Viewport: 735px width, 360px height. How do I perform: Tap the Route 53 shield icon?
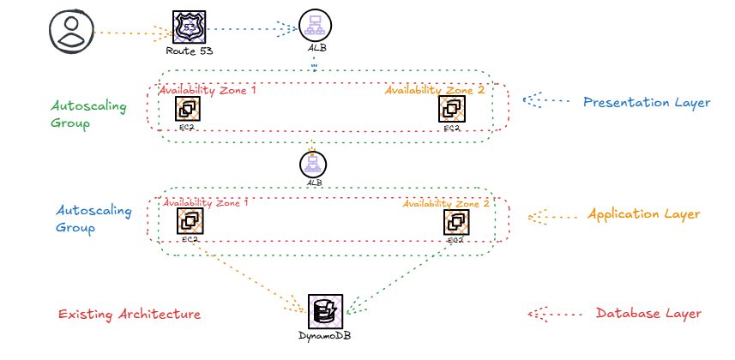(189, 27)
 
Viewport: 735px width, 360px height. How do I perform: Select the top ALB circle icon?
(316, 27)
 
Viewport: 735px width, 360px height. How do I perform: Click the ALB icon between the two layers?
(313, 163)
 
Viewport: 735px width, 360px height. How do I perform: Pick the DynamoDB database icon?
(325, 311)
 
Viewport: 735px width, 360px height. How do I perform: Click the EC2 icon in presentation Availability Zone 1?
(188, 109)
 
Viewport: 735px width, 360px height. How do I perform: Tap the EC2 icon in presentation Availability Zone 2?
(451, 109)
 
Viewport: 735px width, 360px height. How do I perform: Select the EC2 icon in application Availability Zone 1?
(190, 222)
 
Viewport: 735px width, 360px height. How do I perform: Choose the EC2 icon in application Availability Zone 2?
(455, 222)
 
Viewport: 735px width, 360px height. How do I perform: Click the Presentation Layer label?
(646, 103)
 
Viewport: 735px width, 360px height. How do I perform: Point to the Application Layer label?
(643, 214)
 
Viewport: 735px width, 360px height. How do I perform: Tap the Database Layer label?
(648, 314)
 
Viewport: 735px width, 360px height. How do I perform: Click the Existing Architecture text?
(129, 315)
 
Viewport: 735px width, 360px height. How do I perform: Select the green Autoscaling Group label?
(88, 115)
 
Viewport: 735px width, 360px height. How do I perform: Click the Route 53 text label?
(189, 51)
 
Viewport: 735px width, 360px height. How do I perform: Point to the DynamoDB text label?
(325, 337)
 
